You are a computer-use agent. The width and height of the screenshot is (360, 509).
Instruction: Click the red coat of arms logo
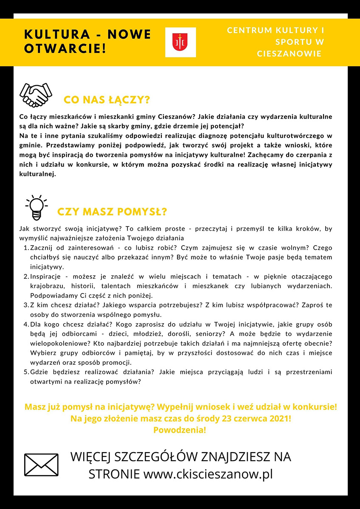180,42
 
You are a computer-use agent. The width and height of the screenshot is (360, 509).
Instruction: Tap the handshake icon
36,95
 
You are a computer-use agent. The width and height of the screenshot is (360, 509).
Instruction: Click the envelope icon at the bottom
41,464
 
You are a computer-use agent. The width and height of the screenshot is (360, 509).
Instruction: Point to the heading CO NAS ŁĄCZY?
107,100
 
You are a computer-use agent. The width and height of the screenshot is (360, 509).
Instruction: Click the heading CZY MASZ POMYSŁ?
112,211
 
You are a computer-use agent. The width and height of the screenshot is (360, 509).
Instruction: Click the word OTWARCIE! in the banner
65,48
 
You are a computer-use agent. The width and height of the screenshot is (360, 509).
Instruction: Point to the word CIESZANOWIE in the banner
289,54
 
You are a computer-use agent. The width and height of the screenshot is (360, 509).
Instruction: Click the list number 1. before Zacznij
26,248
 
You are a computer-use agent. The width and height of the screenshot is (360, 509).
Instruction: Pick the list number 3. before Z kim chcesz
26,305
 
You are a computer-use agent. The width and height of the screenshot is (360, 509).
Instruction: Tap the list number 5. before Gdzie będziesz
26,372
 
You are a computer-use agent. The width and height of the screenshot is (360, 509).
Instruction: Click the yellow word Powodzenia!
180,430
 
